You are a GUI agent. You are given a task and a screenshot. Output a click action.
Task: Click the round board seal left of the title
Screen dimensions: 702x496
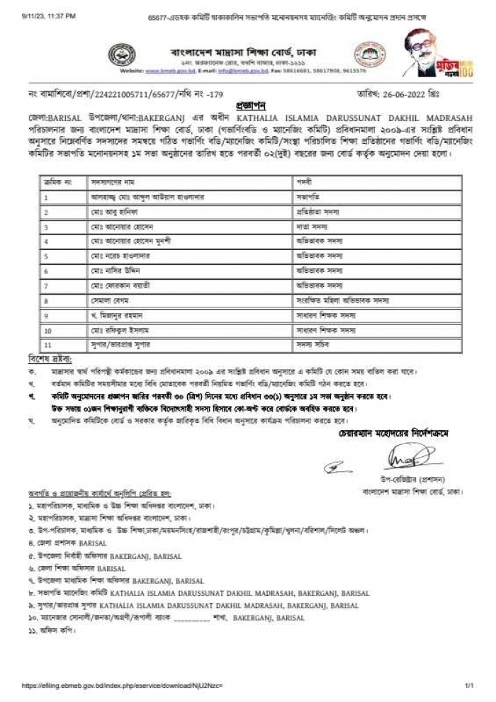pyautogui.click(x=122, y=56)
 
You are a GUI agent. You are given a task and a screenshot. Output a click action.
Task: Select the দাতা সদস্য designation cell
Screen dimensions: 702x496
pyautogui.click(x=311, y=227)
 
